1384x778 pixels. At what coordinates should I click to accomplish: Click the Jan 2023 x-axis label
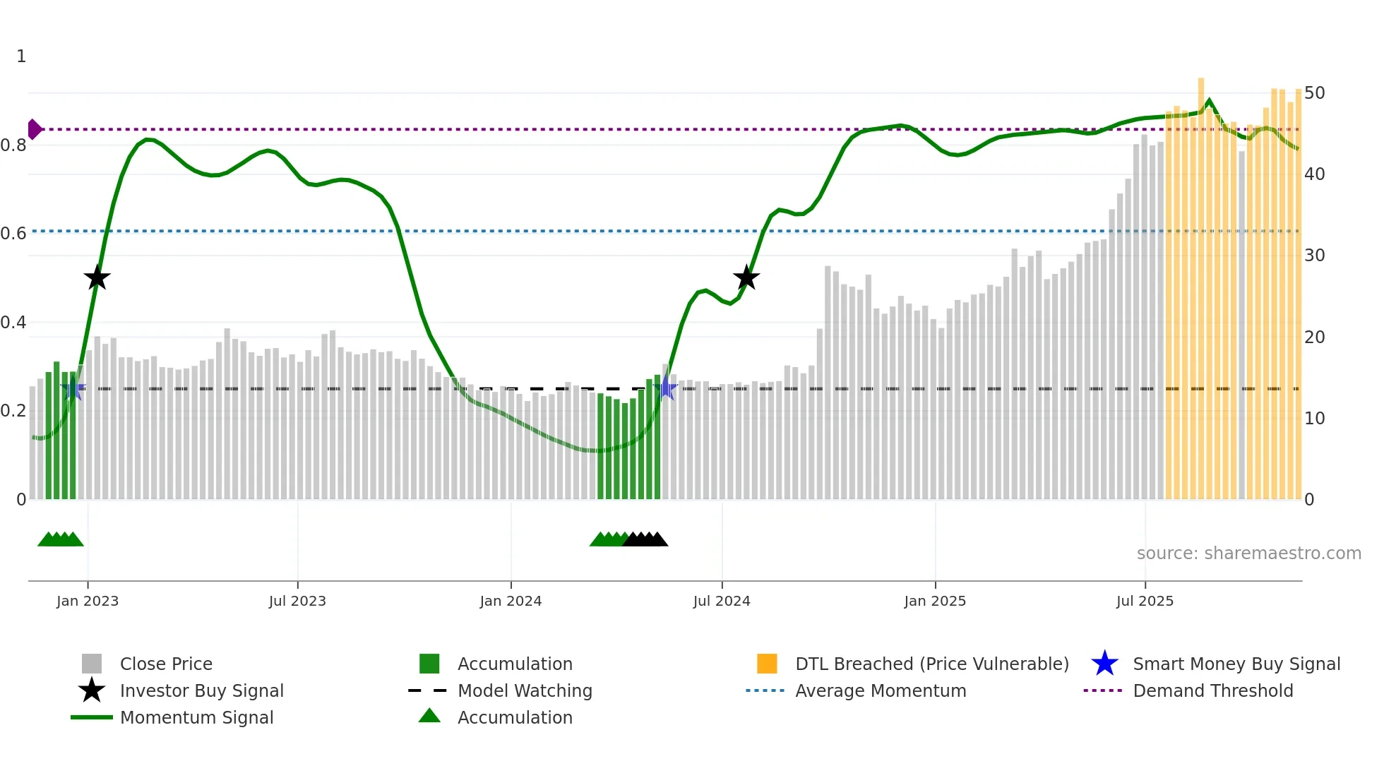pos(88,602)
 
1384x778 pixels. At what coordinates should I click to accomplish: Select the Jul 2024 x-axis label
pos(722,602)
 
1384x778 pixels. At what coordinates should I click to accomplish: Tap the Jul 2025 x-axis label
pos(1145,602)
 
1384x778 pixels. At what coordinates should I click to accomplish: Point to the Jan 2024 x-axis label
pos(511,602)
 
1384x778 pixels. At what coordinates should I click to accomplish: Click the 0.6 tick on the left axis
pos(13,234)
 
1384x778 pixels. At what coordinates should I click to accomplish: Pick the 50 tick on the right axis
pos(1314,93)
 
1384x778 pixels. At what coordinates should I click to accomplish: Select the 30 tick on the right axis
pos(1314,256)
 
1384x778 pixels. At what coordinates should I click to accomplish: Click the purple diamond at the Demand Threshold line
pos(34,129)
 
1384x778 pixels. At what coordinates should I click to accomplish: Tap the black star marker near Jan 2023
pos(97,278)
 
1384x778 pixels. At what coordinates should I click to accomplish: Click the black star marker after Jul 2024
pos(746,278)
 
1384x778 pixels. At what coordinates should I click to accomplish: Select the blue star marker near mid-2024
pos(666,388)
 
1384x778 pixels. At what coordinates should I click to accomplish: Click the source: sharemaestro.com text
pos(1248,553)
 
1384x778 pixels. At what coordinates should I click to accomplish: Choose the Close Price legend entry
pos(166,664)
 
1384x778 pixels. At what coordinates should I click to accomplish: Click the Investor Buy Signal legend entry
pos(201,691)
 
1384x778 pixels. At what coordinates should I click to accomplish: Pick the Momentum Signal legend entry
pos(196,718)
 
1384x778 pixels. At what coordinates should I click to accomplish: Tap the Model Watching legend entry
pos(525,691)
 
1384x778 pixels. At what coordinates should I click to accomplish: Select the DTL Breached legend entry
pos(931,664)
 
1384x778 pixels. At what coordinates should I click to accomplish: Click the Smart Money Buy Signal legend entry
pos(1236,664)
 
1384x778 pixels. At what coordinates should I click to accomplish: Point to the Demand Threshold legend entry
pos(1212,691)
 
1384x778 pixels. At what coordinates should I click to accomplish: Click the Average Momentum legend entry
pos(881,691)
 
